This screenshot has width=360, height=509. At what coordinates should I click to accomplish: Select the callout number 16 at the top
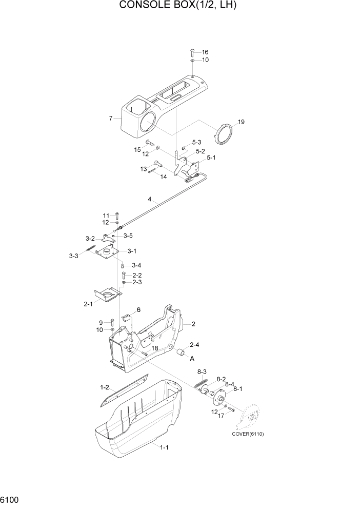coord(205,52)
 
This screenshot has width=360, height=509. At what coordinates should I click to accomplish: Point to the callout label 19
coord(242,123)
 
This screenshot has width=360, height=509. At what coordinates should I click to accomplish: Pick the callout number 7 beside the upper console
coord(111,119)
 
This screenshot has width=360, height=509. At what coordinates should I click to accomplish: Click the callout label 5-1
coord(211,159)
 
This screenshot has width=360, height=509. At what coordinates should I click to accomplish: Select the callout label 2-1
coord(88,304)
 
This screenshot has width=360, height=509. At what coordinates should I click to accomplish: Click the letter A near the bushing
coord(192,359)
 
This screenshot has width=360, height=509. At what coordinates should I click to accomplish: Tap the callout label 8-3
coord(202,371)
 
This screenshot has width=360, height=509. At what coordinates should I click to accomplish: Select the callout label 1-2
coord(105,387)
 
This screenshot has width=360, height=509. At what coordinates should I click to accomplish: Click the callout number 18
coord(154,348)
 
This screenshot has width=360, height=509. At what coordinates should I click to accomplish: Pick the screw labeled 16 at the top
coord(192,51)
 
